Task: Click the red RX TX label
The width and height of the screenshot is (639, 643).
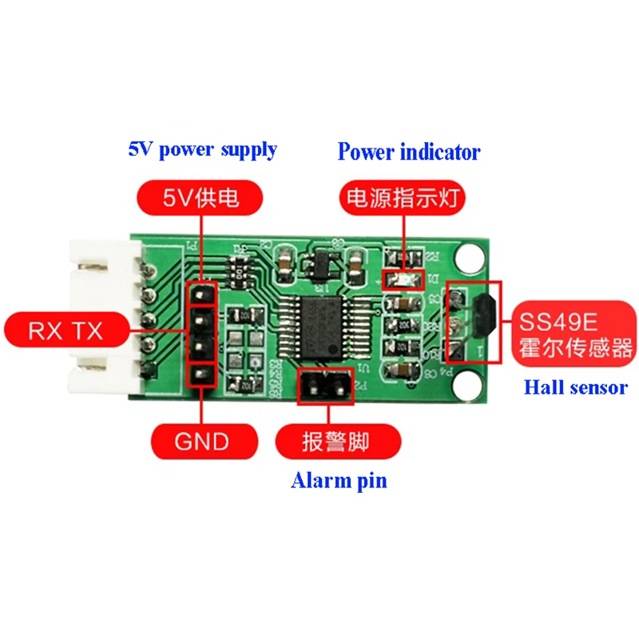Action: pyautogui.click(x=65, y=330)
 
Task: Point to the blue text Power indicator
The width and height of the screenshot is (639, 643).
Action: pyautogui.click(x=409, y=151)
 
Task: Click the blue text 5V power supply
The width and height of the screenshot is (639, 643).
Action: pyautogui.click(x=203, y=149)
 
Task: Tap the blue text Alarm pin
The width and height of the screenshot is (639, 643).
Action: pyautogui.click(x=339, y=481)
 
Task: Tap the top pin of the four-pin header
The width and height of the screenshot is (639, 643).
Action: pyautogui.click(x=200, y=295)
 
